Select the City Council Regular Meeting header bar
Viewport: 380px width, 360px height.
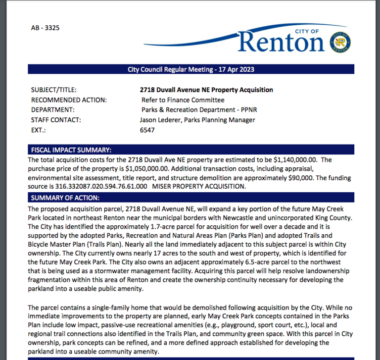pos(190,69)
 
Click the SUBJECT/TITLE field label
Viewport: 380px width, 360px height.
pos(54,90)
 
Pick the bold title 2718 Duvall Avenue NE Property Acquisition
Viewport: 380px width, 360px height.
pos(206,90)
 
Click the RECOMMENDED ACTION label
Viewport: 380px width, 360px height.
pos(69,100)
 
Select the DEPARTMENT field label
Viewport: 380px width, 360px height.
pos(52,110)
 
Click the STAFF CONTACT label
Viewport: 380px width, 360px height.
pos(56,120)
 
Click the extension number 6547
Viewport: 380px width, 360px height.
pos(147,130)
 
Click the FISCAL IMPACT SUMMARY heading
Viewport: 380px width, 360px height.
pos(71,150)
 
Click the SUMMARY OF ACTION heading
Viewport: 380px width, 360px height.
pos(65,198)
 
